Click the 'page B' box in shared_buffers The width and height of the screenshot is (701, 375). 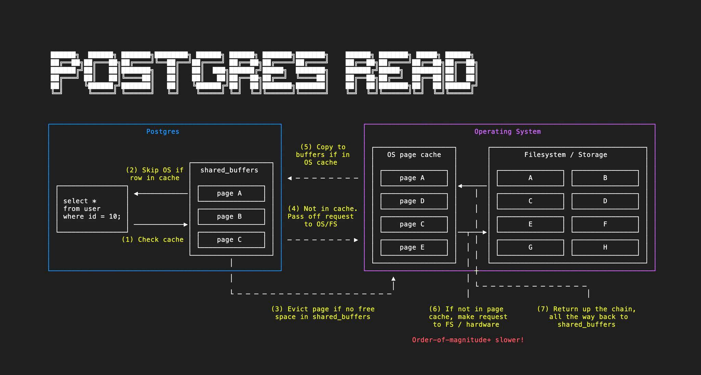click(231, 216)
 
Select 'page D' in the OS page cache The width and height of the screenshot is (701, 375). click(414, 201)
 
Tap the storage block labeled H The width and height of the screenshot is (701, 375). click(605, 247)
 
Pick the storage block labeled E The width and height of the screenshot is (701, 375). click(530, 224)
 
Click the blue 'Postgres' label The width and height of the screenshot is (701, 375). click(163, 132)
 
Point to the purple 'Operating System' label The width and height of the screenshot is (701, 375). click(507, 132)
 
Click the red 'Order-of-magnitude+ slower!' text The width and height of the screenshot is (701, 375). click(468, 340)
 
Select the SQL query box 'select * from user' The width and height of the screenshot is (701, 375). click(92, 209)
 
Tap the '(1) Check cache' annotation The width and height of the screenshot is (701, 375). click(153, 239)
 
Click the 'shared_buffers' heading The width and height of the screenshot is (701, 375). click(229, 170)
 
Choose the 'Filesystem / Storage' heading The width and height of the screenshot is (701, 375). click(565, 155)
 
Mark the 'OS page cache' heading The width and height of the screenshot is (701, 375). click(414, 155)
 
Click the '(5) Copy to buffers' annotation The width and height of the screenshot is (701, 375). click(322, 155)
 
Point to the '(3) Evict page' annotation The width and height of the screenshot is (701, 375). click(323, 313)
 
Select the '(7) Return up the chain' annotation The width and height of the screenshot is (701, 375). click(586, 317)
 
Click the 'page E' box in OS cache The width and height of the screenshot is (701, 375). click(414, 247)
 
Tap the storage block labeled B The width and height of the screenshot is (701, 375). click(605, 178)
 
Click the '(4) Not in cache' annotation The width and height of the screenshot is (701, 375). click(322, 216)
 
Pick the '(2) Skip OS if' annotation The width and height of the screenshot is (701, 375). click(155, 174)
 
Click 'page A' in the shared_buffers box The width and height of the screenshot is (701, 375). click(231, 193)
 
